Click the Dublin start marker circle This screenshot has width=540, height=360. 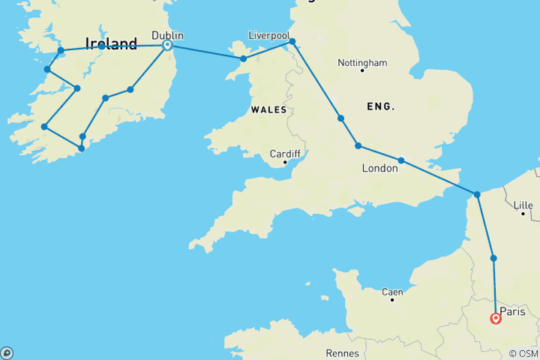coord(167,45)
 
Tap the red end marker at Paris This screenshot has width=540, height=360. coord(496,319)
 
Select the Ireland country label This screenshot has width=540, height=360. coord(111,44)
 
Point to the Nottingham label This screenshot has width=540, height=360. coord(362,62)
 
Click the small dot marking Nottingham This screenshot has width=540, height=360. coord(362,71)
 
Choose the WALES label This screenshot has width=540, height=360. coord(268,109)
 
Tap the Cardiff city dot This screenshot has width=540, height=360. coord(285,163)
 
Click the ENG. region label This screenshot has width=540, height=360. coord(380,106)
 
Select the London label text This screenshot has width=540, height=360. coord(379,169)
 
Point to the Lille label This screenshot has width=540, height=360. coord(523,205)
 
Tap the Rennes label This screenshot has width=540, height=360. coord(342,352)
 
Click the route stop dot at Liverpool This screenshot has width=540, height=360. coord(292,42)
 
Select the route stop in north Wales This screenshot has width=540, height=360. coord(243,58)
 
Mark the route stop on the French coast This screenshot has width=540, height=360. coord(477,195)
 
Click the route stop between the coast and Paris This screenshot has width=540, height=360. coord(493,258)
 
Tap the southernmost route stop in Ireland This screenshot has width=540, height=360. coord(81,148)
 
